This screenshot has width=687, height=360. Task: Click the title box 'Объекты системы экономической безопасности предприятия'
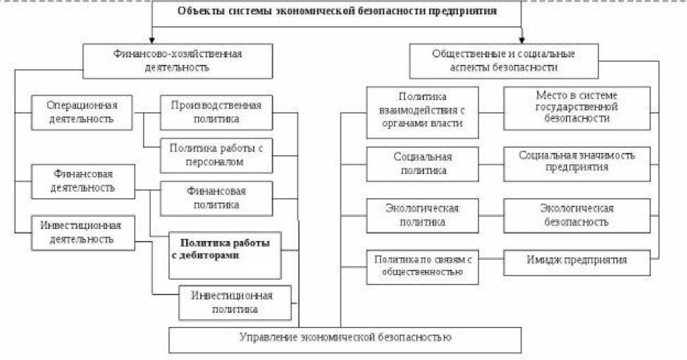pyautogui.click(x=337, y=12)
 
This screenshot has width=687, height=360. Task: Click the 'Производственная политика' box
pyautogui.click(x=216, y=111)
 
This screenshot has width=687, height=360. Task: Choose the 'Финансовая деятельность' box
pyautogui.click(x=83, y=180)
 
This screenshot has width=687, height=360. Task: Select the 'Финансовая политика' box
pyautogui.click(x=216, y=198)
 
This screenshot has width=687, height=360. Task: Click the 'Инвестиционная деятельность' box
pyautogui.click(x=83, y=232)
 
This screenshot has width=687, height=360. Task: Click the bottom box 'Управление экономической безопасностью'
pyautogui.click(x=345, y=339)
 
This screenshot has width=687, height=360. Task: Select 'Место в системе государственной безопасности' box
pyautogui.click(x=576, y=108)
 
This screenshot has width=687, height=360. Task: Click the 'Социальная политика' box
pyautogui.click(x=422, y=163)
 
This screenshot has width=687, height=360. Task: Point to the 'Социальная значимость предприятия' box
pyautogui.click(x=576, y=163)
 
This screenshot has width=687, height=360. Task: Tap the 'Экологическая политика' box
pyautogui.click(x=422, y=215)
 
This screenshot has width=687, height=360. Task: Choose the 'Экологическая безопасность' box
pyautogui.click(x=576, y=215)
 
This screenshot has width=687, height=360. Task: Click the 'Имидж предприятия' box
pyautogui.click(x=576, y=261)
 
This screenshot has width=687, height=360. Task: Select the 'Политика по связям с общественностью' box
pyautogui.click(x=422, y=266)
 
